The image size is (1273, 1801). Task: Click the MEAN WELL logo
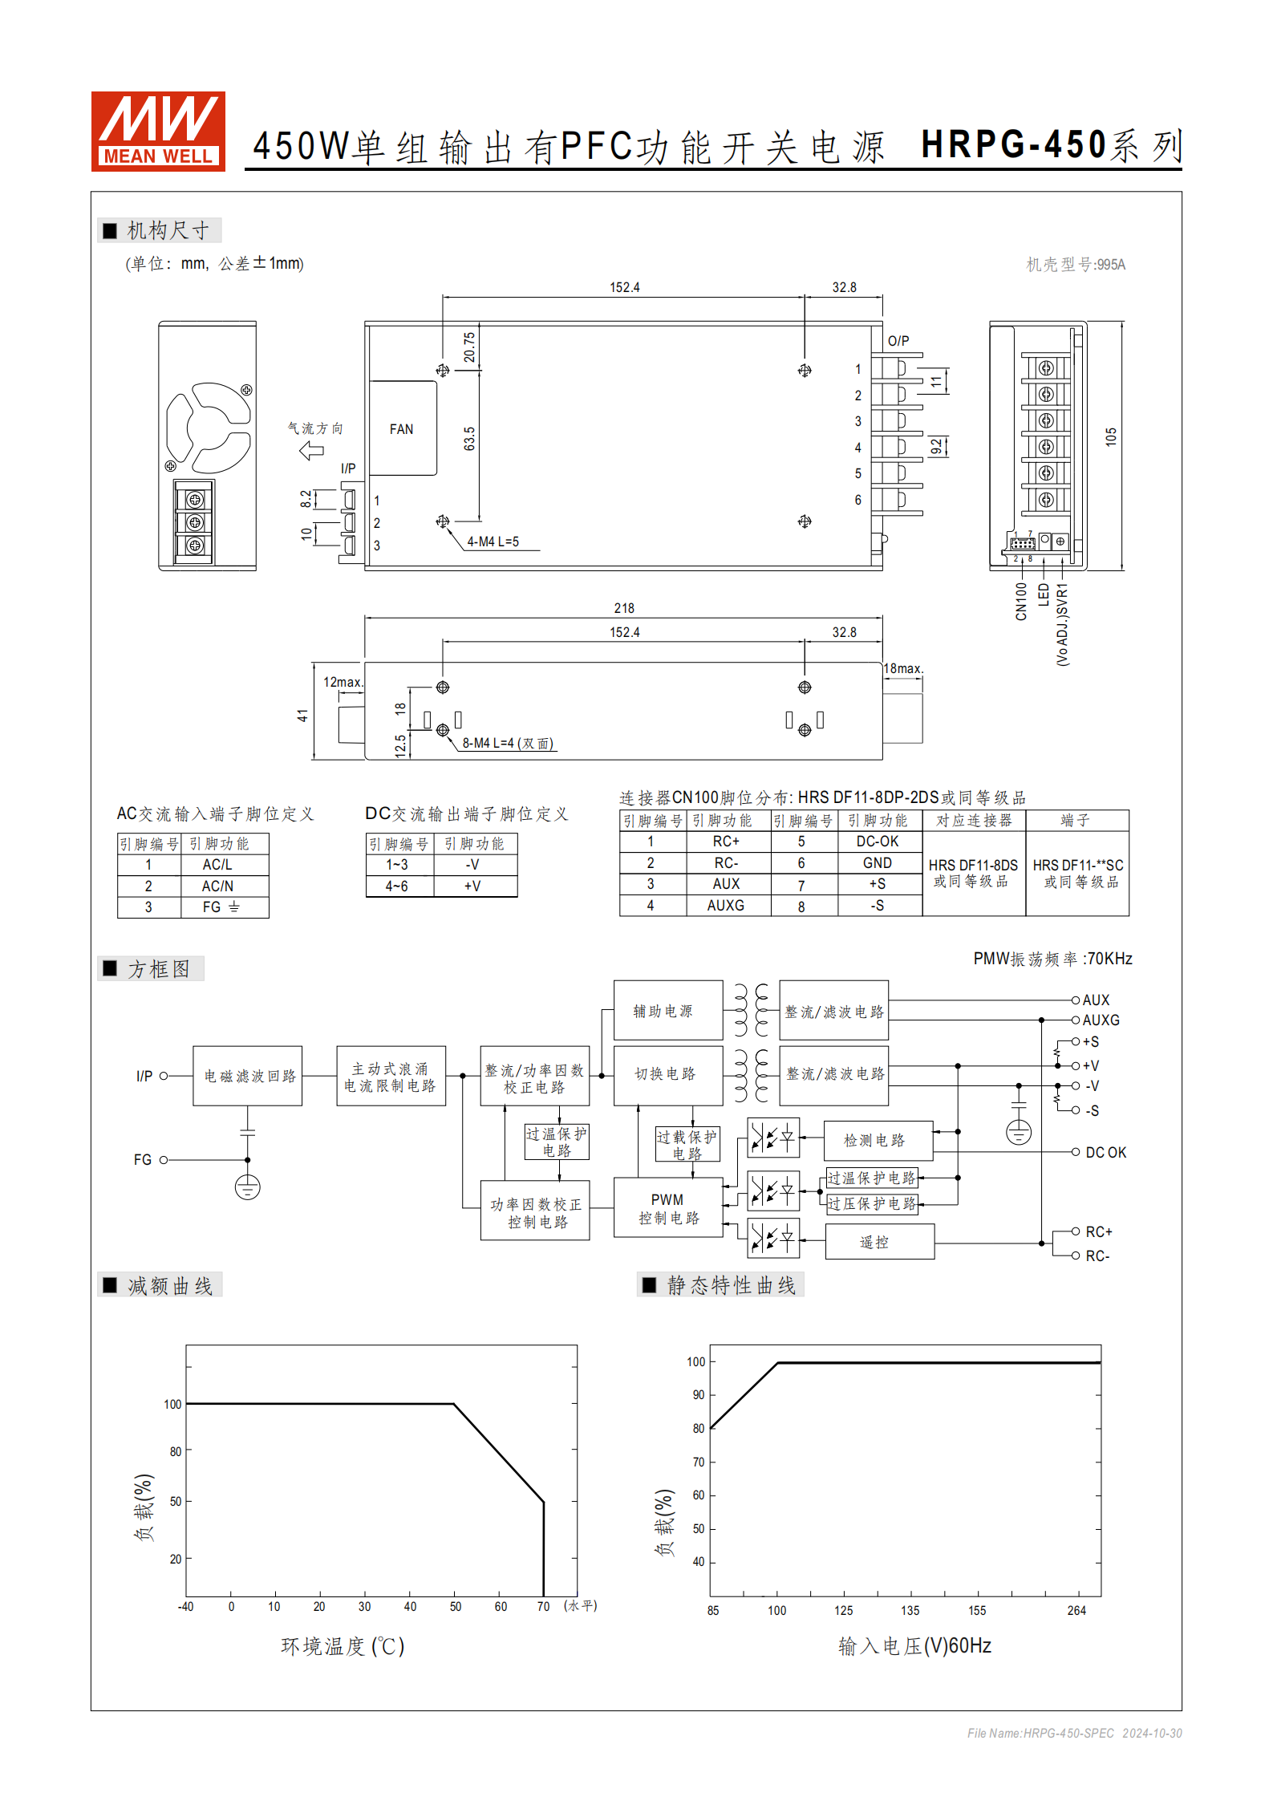tap(158, 131)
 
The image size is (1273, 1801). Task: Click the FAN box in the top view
tap(402, 428)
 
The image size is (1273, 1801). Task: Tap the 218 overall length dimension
tap(623, 608)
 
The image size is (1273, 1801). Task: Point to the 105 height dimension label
tap(1110, 437)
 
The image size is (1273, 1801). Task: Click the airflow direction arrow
tap(311, 450)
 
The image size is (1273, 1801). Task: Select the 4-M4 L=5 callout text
tap(493, 542)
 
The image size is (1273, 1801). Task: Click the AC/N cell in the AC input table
tap(217, 886)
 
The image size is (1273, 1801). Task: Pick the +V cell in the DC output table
tap(472, 886)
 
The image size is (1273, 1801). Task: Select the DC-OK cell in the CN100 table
tap(877, 841)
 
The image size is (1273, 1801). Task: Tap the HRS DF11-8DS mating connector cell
tap(972, 872)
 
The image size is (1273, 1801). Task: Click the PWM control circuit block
tap(668, 1208)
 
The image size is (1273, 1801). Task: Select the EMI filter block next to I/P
tap(248, 1076)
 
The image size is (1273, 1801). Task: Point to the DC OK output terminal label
tap(1105, 1152)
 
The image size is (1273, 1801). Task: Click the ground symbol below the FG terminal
tap(247, 1186)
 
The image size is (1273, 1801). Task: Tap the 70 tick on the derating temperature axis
tap(543, 1606)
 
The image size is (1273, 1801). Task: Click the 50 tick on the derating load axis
tap(175, 1501)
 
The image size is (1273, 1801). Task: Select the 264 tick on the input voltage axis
tap(1076, 1610)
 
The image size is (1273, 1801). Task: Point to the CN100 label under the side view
tap(1020, 601)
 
